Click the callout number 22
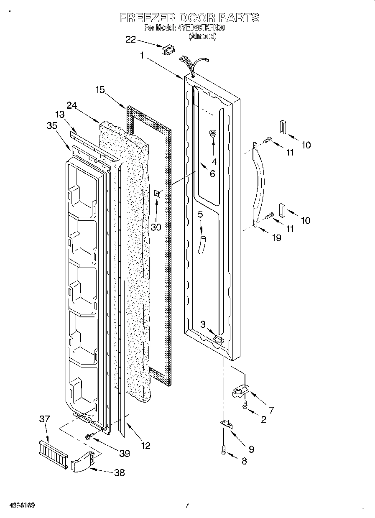[x=131, y=39]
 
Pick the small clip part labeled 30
[x=158, y=194]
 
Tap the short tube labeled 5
[x=203, y=244]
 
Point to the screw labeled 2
[x=245, y=405]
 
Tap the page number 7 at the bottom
[x=187, y=506]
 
